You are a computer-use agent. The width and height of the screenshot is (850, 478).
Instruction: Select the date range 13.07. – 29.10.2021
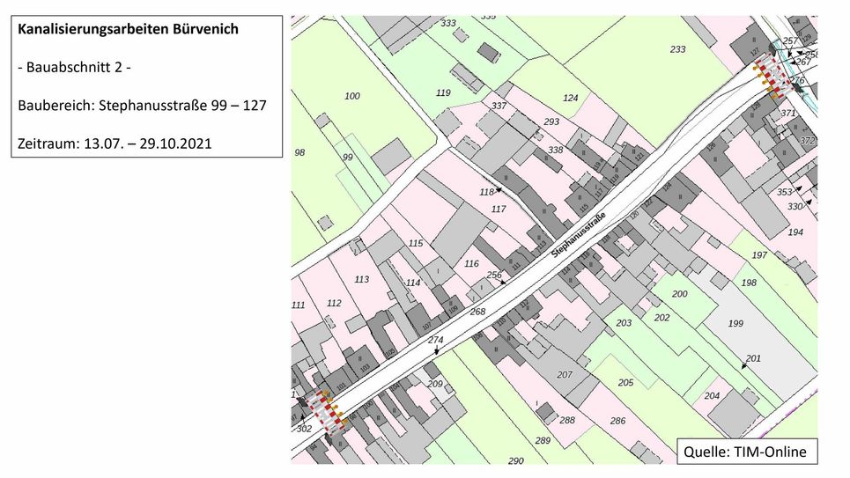[148, 143]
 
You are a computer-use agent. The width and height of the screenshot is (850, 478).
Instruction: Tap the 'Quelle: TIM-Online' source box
[743, 452]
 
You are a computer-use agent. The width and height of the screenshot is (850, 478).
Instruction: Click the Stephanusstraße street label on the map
[579, 235]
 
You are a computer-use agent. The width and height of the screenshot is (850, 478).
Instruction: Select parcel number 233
[677, 50]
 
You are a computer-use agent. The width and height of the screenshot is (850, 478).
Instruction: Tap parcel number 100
[352, 96]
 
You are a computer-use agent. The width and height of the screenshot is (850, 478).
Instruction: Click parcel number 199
[735, 324]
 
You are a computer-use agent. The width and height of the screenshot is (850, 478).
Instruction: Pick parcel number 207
[565, 375]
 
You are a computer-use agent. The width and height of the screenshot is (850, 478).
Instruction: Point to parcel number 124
[571, 98]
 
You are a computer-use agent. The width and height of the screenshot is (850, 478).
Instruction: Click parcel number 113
[361, 279]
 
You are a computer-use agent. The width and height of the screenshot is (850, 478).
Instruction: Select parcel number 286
[617, 421]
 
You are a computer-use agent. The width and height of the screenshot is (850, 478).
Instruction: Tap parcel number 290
[515, 460]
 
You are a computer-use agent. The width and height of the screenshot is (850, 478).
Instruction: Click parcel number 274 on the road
[435, 340]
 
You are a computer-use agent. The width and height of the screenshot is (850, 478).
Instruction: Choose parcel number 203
[624, 323]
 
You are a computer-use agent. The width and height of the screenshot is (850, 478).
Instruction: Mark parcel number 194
[795, 232]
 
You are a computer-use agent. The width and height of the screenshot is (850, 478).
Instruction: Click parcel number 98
[299, 153]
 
